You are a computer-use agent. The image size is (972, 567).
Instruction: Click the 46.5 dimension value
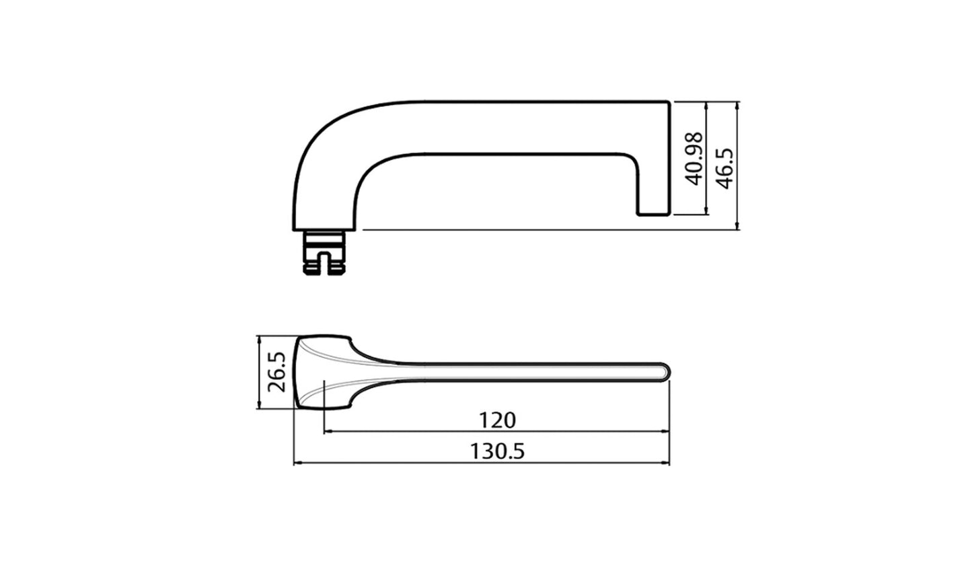point(724,168)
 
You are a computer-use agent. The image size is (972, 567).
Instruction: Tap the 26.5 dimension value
point(276,371)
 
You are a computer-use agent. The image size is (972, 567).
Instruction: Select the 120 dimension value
point(497,420)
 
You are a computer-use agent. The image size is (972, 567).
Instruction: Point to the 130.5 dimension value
point(497,451)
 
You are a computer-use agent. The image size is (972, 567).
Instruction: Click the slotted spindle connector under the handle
point(324,253)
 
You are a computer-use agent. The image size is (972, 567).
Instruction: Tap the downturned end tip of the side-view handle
point(653,202)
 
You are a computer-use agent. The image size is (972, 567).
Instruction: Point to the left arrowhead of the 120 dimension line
point(328,432)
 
